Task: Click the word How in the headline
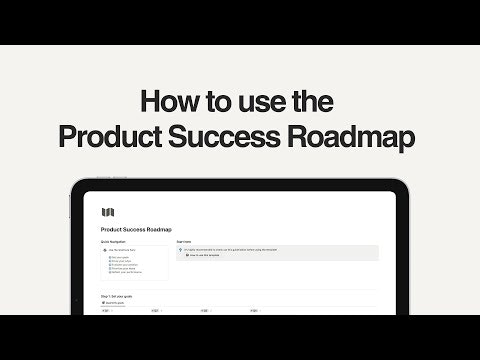tap(167, 103)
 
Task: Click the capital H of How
tap(150, 103)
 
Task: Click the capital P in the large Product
tap(70, 138)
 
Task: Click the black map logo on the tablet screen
tap(107, 212)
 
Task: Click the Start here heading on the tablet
tap(185, 241)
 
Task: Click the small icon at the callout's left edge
tap(181, 250)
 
